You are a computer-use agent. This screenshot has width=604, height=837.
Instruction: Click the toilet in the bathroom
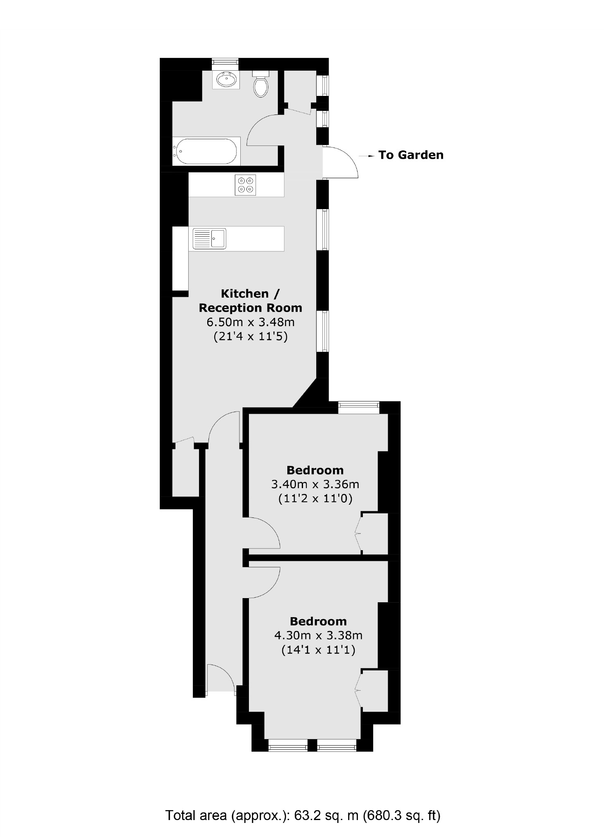click(x=261, y=85)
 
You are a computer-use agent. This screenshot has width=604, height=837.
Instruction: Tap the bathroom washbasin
click(x=226, y=79)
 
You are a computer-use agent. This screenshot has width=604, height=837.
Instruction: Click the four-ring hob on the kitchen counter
click(x=245, y=185)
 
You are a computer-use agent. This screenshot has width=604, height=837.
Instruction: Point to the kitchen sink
click(x=209, y=238)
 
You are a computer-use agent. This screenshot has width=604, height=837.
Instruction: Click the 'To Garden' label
click(x=410, y=155)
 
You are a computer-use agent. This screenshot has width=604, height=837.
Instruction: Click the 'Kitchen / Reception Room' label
click(x=250, y=300)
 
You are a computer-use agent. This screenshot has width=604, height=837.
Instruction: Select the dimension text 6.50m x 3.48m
click(x=250, y=322)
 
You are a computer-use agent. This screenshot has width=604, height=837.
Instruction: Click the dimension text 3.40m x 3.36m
click(x=315, y=484)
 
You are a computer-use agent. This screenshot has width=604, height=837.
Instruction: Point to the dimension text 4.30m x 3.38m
click(x=318, y=635)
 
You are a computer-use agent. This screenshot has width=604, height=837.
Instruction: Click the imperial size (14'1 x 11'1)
click(x=318, y=650)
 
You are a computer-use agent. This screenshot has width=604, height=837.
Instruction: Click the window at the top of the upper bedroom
click(x=358, y=408)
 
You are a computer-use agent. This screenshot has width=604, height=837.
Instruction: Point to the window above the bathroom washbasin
click(x=225, y=62)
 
